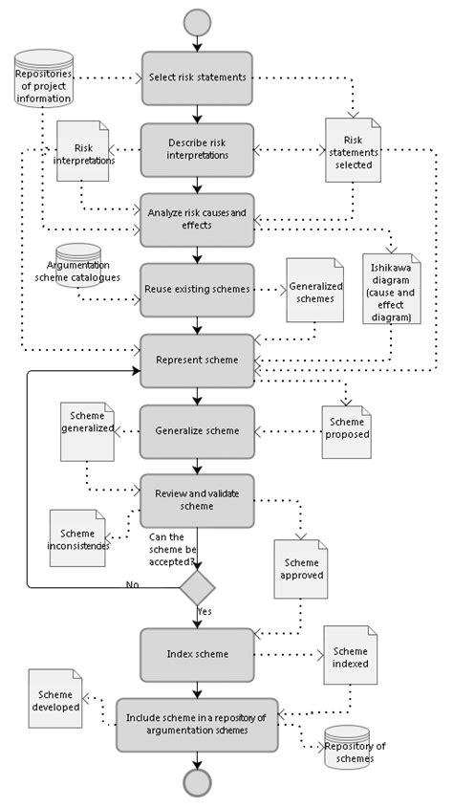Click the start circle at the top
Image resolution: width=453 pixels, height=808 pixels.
198,20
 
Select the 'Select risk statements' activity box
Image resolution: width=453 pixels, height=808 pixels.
198,76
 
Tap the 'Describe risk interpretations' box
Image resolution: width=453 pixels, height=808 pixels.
198,149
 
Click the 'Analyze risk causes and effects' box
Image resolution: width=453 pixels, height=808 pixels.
198,219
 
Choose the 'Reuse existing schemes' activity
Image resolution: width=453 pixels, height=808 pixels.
198,289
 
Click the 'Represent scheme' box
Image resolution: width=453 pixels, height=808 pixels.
198,360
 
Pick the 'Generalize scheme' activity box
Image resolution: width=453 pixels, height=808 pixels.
198,430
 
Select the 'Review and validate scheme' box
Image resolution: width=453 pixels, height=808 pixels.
198,500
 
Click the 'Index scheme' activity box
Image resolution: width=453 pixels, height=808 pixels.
198,654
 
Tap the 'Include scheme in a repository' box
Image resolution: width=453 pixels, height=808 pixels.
198,725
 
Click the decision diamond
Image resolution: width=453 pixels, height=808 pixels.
198,585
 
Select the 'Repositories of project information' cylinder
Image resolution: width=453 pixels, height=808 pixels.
44,78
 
